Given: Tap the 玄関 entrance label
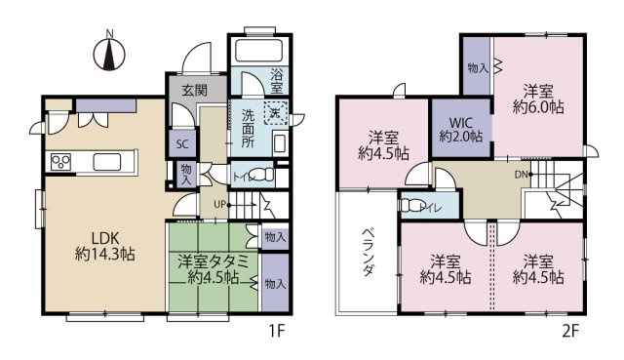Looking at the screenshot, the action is pos(195,90).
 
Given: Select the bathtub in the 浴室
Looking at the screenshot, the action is pos(258,51).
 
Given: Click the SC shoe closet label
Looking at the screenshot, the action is pos(182,143).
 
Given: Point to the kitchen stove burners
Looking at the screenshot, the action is pos(60,161).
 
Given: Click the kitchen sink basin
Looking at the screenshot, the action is pos(107,161).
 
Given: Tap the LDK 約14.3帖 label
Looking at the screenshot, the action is pos(105,246).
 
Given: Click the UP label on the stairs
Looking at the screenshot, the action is pos(219,205).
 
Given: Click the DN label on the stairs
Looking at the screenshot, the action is pos(521,175).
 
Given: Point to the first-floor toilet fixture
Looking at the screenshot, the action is pos(263,175).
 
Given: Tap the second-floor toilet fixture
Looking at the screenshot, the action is pos(412,206).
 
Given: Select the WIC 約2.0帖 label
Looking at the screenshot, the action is pos(461,130).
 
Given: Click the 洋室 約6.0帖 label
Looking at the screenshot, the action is pos(538,100).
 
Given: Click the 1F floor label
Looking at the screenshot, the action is pos(276,331).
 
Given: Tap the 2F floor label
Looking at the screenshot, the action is pos(570,331).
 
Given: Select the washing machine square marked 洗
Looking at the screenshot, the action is pos(275,113).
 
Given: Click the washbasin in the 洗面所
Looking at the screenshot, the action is pos(280,143).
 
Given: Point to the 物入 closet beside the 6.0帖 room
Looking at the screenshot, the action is pos(478,66).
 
